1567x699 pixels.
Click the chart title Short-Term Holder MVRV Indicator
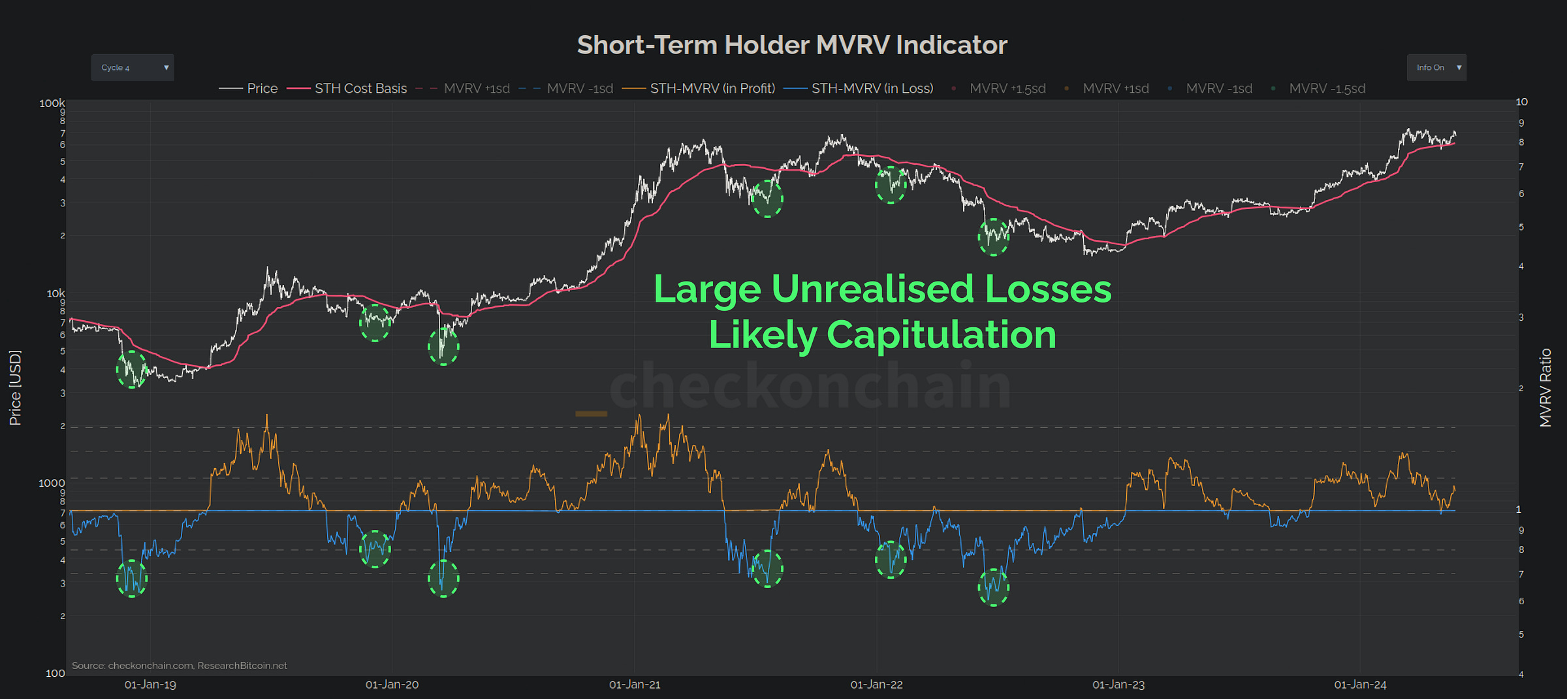pos(791,45)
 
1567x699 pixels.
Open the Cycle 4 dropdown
pos(133,68)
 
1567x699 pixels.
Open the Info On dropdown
pos(1436,68)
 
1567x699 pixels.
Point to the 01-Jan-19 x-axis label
pos(150,685)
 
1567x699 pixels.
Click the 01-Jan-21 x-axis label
pos(635,685)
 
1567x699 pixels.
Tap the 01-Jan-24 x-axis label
pos(1360,685)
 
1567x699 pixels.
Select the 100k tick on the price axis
pos(52,103)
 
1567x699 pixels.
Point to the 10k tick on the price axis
pos(55,293)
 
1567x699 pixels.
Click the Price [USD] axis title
pos(15,388)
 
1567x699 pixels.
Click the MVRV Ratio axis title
pos(1545,388)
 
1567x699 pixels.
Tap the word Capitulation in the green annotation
pos(941,334)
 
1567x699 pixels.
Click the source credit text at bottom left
pos(180,666)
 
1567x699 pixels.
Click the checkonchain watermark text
pos(810,387)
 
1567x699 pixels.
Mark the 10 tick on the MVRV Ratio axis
pos(1521,102)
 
